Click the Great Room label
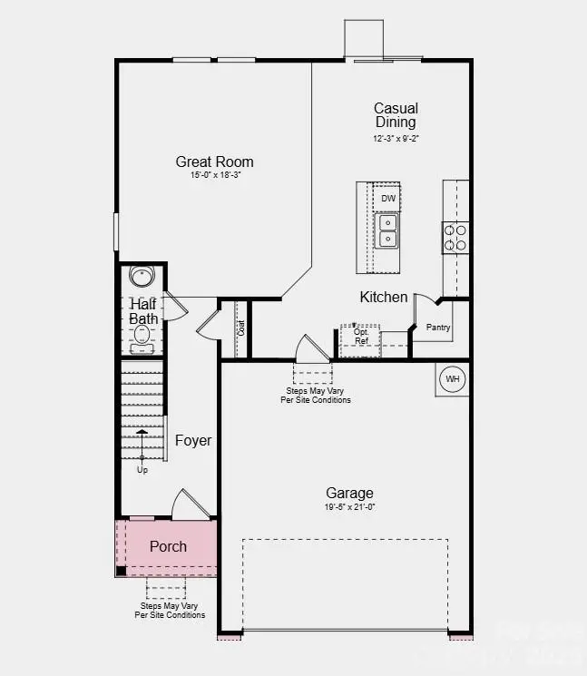click(x=214, y=162)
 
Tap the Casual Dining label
click(x=396, y=115)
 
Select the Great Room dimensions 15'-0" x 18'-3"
click(x=214, y=175)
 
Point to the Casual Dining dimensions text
click(x=396, y=138)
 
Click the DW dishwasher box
click(x=388, y=198)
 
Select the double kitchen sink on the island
click(x=387, y=230)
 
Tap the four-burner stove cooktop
click(x=455, y=237)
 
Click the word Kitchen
click(x=384, y=297)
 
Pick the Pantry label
click(x=438, y=327)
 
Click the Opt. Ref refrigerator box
click(x=360, y=337)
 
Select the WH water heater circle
click(x=452, y=378)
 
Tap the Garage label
click(x=349, y=493)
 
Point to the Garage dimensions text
click(x=349, y=506)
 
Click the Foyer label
click(x=192, y=440)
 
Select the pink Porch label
click(x=168, y=546)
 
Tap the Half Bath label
click(x=143, y=311)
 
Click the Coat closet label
click(x=240, y=327)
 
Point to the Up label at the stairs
click(x=142, y=470)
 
